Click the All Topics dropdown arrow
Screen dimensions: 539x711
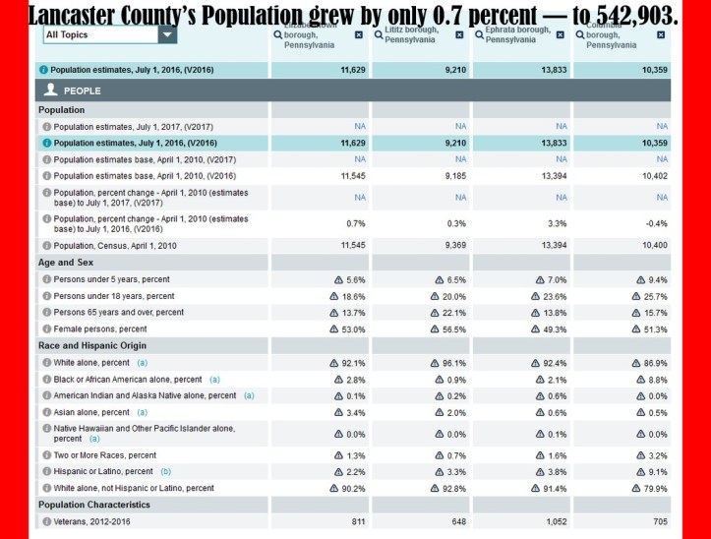click(x=168, y=34)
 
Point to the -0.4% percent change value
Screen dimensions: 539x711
click(x=656, y=223)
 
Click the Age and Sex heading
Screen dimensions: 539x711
click(x=67, y=263)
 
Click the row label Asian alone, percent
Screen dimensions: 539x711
click(x=91, y=412)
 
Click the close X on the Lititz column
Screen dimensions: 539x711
click(x=459, y=34)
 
